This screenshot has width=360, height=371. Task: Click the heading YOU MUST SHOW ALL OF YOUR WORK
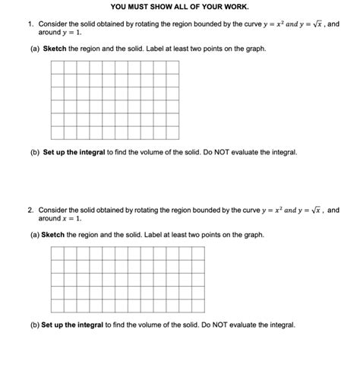click(180, 8)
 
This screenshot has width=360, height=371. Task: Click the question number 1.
click(30, 25)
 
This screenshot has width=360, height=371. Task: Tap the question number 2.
click(30, 209)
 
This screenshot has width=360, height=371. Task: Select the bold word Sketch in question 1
click(55, 49)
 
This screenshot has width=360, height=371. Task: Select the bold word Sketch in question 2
click(53, 235)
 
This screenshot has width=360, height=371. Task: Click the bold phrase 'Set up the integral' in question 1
click(73, 152)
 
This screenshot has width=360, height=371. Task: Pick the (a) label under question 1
click(34, 49)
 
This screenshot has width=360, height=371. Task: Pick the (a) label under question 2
click(34, 235)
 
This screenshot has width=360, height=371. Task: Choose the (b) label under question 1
click(34, 152)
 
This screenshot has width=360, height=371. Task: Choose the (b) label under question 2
click(34, 325)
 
